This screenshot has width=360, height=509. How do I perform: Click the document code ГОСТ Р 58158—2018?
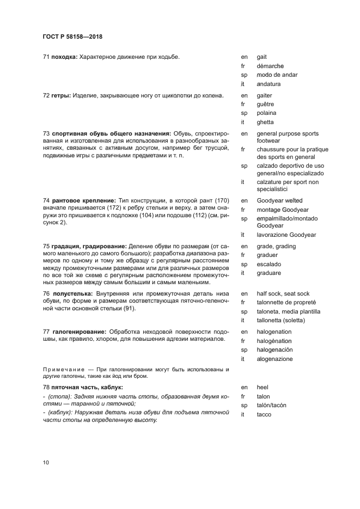[x=72, y=37]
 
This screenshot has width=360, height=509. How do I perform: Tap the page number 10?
[x=46, y=463]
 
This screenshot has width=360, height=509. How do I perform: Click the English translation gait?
[x=261, y=57]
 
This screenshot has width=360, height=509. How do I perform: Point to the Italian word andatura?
[x=269, y=84]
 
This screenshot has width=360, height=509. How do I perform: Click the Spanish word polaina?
[x=266, y=113]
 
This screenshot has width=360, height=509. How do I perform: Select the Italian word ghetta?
[x=265, y=122]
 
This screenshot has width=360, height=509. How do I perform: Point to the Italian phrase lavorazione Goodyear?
[x=286, y=235]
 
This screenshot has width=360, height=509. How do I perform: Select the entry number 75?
[x=46, y=247]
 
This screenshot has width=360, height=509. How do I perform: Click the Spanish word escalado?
[x=269, y=264]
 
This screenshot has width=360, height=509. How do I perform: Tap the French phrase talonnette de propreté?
[x=286, y=303]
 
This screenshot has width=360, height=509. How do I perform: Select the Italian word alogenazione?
[x=274, y=359]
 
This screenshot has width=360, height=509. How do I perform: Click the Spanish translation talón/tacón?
[x=271, y=406]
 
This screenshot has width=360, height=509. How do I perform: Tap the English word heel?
[x=263, y=387]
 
